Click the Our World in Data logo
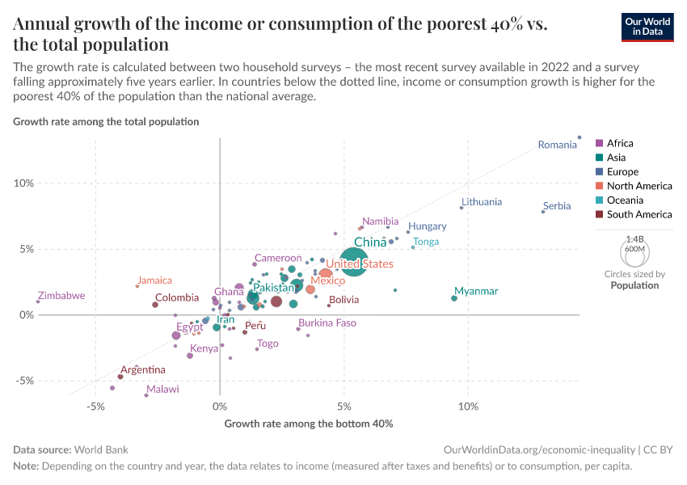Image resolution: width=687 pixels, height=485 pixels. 648,26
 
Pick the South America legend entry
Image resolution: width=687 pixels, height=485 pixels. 639,214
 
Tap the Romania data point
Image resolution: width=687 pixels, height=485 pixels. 580,137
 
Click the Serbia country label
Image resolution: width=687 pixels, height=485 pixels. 557,206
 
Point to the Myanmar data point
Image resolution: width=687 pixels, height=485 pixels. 454,298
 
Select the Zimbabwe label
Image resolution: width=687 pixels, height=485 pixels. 61,296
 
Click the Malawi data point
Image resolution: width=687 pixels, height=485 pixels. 146,395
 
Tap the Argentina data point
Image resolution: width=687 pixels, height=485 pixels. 120,377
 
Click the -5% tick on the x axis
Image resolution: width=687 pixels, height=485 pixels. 95,407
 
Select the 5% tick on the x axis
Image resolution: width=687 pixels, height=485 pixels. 344,407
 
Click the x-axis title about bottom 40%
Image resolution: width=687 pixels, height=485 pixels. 309,424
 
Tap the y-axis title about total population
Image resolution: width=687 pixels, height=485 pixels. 106,122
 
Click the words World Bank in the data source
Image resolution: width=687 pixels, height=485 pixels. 101,449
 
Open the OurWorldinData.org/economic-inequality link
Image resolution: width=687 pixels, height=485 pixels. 539,449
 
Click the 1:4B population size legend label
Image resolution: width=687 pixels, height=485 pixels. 634,239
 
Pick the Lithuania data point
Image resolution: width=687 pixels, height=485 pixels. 462,208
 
